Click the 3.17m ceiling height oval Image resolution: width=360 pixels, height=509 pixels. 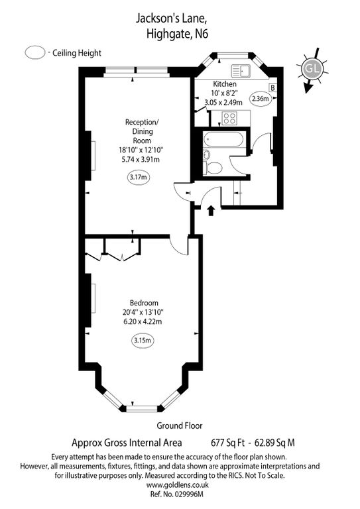(x=139, y=177)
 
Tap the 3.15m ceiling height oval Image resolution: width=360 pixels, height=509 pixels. (x=142, y=341)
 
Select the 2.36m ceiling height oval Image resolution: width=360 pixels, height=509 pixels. (x=259, y=99)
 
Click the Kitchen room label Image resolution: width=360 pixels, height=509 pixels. (x=224, y=84)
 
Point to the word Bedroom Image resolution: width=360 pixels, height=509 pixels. (x=143, y=302)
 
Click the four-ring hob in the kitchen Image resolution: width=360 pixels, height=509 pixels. (x=229, y=119)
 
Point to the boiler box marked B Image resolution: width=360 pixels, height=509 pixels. (x=272, y=87)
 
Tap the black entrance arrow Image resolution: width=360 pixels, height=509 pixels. (x=211, y=211)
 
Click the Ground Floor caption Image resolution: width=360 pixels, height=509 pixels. (x=180, y=426)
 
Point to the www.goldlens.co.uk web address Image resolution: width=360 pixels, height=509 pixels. (x=180, y=485)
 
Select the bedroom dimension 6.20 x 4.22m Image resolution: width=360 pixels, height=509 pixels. (x=143, y=321)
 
